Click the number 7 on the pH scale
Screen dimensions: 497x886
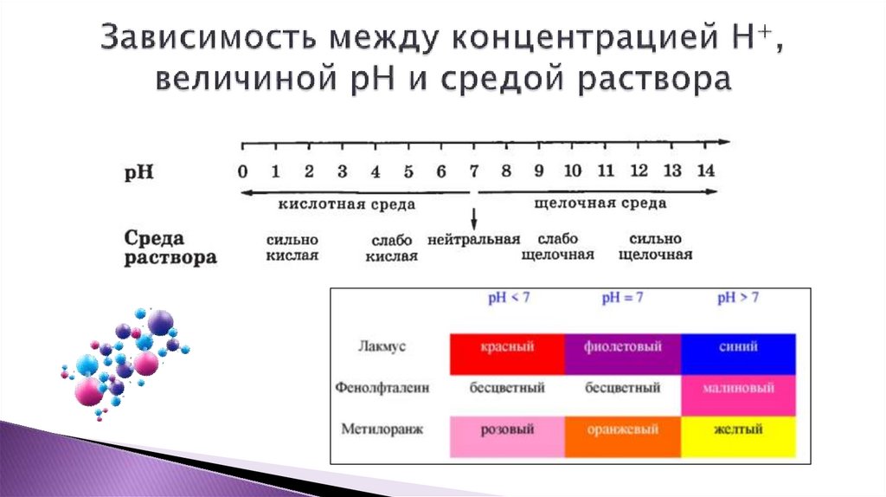(473, 171)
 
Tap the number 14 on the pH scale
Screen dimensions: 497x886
(705, 171)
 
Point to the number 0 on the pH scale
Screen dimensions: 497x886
(243, 171)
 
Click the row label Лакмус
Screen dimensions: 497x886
(382, 347)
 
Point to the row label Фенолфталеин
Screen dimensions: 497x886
(382, 389)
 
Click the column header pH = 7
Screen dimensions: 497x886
(622, 299)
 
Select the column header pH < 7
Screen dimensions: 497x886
(507, 299)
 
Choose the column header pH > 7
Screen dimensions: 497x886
(737, 299)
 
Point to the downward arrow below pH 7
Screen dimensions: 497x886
(473, 217)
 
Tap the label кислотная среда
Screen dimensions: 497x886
(334, 204)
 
